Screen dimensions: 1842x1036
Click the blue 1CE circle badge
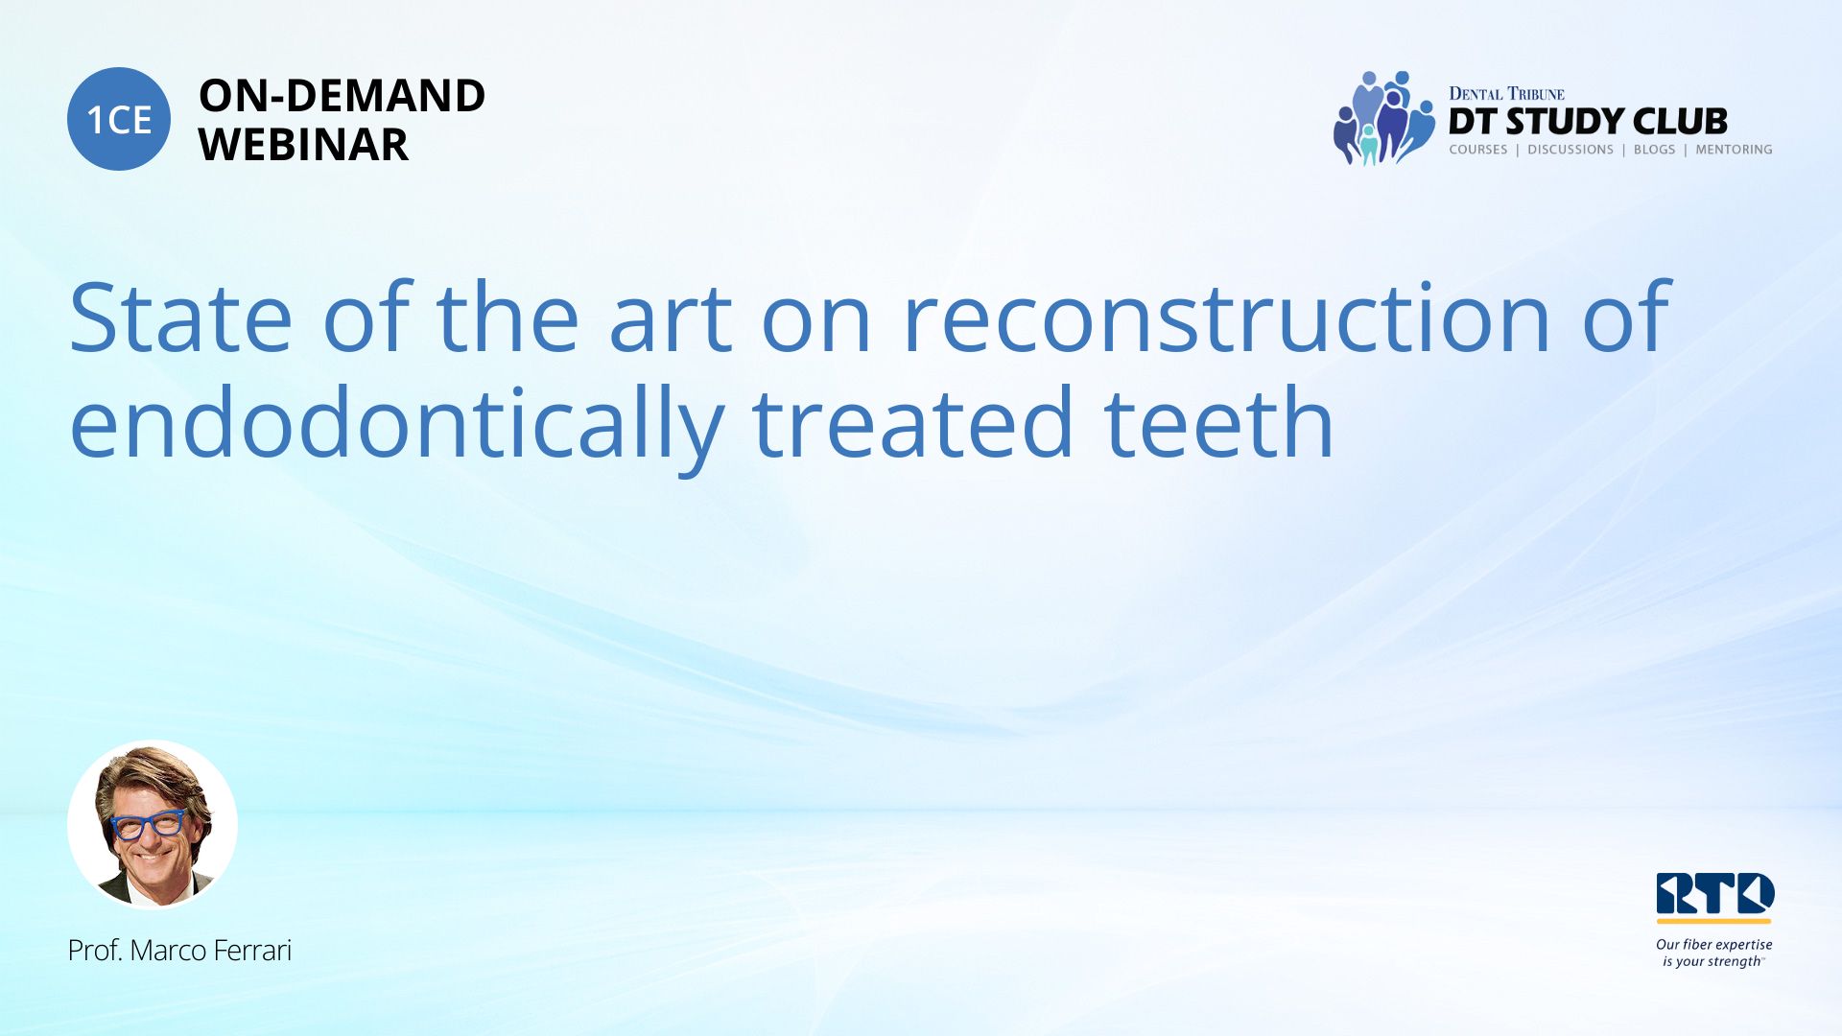(119, 119)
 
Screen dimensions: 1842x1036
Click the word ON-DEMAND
(342, 96)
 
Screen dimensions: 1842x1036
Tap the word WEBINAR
(303, 145)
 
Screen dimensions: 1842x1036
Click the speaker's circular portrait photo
(153, 824)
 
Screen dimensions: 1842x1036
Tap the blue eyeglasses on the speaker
(148, 823)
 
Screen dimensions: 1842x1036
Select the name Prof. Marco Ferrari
(179, 950)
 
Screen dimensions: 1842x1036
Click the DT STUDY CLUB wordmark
(1588, 121)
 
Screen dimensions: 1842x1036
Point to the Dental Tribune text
(1506, 93)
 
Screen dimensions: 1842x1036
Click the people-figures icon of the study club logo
(1382, 118)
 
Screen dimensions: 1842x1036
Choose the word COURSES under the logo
(1477, 150)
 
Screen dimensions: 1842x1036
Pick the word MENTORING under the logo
(1734, 150)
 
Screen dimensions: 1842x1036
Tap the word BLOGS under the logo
(1654, 150)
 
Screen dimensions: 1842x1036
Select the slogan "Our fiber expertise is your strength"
(1713, 953)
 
